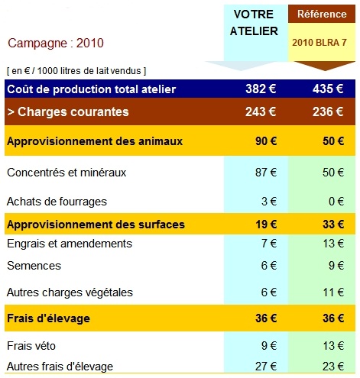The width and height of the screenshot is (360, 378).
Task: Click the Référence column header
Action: tap(322, 14)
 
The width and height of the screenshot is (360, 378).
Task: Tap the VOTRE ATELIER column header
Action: tap(254, 23)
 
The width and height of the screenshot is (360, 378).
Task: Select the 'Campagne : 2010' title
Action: tap(56, 43)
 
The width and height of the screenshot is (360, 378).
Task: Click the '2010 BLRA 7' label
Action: tap(319, 43)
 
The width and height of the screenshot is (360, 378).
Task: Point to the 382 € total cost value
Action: tap(261, 89)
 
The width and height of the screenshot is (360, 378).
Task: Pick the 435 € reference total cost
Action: tap(328, 89)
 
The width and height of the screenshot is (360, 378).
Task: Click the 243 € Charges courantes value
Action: tap(261, 111)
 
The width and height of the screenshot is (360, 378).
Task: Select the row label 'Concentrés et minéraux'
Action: tap(66, 173)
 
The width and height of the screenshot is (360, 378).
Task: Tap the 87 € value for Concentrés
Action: tap(266, 173)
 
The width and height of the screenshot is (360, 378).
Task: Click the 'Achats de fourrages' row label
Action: tap(57, 202)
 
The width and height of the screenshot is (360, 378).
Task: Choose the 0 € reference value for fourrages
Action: tap(336, 202)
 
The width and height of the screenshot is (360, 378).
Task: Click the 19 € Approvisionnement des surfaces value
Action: tap(266, 225)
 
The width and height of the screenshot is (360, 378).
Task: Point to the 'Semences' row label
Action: tap(34, 266)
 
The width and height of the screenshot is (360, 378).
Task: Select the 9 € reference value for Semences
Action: tap(336, 266)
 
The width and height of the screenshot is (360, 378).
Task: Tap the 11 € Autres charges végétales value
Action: tap(333, 292)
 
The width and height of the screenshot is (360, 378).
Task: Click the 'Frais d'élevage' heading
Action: tap(48, 318)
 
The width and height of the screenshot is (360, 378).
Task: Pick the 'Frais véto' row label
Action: tap(31, 346)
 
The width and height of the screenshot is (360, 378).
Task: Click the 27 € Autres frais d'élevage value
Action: tap(266, 367)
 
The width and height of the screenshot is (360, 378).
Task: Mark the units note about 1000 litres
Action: tap(76, 71)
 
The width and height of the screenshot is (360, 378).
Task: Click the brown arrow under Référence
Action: tap(324, 66)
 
